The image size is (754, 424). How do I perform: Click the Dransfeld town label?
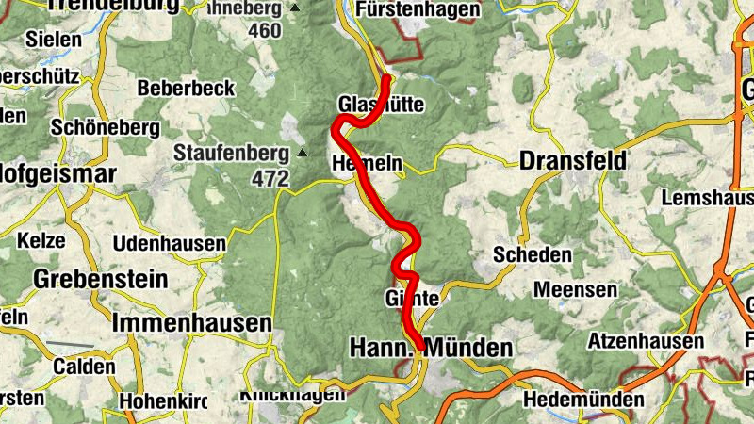(x=573, y=161)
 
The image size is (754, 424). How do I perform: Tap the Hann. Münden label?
(x=431, y=348)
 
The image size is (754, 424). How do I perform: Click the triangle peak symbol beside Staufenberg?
(x=303, y=152)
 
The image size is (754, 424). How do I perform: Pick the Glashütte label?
(x=381, y=104)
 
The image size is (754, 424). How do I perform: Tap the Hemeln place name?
(x=367, y=164)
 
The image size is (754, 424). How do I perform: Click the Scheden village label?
(x=533, y=254)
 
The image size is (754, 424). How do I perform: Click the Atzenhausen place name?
(x=647, y=340)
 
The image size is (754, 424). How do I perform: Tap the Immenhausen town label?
(x=191, y=322)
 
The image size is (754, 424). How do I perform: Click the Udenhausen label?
(x=169, y=244)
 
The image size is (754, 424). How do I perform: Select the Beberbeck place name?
(x=186, y=88)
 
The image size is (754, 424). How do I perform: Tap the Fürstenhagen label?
(x=419, y=10)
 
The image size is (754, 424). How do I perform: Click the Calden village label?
(x=85, y=366)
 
